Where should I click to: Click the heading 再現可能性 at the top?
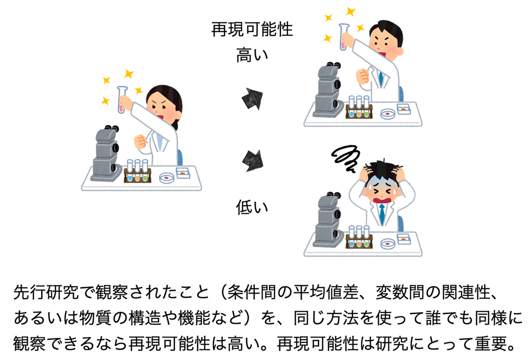[x=252, y=29]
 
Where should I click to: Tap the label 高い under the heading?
[x=252, y=55]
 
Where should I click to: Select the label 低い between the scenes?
[x=252, y=207]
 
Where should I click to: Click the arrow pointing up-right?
[x=252, y=99]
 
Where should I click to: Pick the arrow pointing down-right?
[x=253, y=160]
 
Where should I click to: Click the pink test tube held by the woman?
[x=121, y=100]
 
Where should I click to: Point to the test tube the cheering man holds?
[x=344, y=37]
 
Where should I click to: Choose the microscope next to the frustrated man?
[x=328, y=220]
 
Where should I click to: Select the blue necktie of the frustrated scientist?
[x=382, y=214]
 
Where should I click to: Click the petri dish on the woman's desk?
[x=167, y=178]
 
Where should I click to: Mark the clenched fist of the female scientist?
[x=141, y=141]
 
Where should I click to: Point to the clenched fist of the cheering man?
[x=363, y=76]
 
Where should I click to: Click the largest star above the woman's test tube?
[x=129, y=74]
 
